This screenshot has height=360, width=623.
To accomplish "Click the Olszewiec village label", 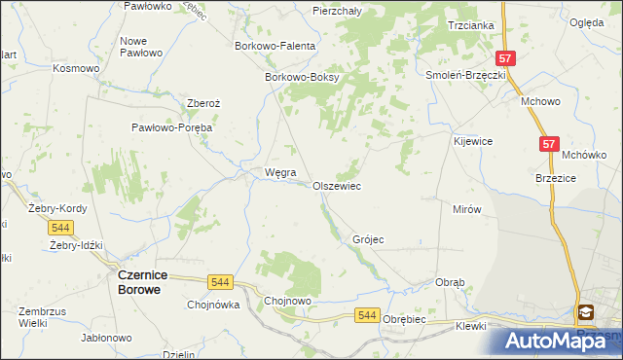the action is coord(337,186).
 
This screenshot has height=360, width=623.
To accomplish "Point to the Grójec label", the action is coord(369,239).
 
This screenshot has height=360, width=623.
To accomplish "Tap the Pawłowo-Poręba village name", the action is coord(172,127).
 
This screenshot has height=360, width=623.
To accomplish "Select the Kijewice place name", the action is coord(472,141).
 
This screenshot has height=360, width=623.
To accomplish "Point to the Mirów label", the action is coord(468,209).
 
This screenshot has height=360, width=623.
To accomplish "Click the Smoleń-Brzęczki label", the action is coord(464,75).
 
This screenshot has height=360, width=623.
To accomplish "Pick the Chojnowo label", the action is coord(288,302).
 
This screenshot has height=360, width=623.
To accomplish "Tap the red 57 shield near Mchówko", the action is coord(549,144).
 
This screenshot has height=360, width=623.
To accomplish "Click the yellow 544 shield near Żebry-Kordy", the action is coord(61,227).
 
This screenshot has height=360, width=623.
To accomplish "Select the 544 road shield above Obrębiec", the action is coord(366,314).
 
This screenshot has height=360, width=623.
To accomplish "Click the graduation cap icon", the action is coord(587,312).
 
